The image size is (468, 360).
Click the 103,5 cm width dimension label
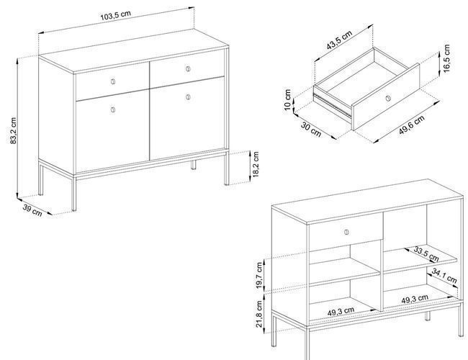pyautogui.click(x=115, y=16)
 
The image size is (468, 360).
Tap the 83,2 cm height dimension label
pyautogui.click(x=14, y=131)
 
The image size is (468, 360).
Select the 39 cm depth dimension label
pyautogui.click(x=32, y=210)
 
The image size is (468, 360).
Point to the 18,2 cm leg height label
pyautogui.click(x=256, y=164)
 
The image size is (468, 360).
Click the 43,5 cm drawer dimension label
pyautogui.click(x=339, y=40)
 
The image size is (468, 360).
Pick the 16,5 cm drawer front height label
pyautogui.click(x=446, y=58)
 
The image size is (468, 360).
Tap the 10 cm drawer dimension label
pyautogui.click(x=287, y=99)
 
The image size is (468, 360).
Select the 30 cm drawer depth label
pyautogui.click(x=311, y=130)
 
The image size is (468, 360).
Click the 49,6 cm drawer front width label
pyautogui.click(x=411, y=125)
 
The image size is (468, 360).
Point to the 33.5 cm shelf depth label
pyautogui.click(x=426, y=254)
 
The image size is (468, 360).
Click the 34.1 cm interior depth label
pyautogui.click(x=444, y=276)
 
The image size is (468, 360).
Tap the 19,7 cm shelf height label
pyautogui.click(x=259, y=275)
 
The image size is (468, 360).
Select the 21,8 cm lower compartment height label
pyautogui.click(x=259, y=314)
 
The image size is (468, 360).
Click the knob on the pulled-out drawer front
pyautogui.click(x=387, y=98)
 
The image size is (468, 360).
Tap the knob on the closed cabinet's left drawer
pyautogui.click(x=113, y=81)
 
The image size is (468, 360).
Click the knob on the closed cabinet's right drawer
pyautogui.click(x=188, y=69)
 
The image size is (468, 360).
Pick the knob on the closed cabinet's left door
pyautogui.click(x=113, y=109)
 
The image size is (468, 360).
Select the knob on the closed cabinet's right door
pyautogui.click(x=188, y=96)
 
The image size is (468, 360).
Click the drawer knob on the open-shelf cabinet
pyautogui.click(x=346, y=232)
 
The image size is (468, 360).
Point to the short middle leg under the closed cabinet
pyautogui.click(x=194, y=165)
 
